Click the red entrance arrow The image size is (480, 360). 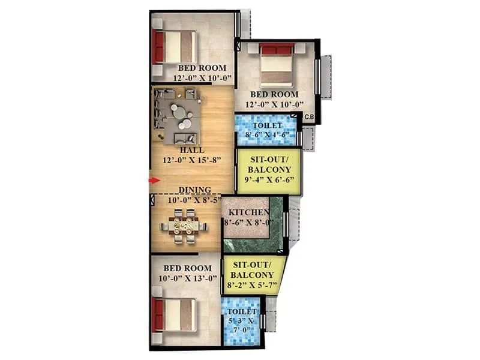pyautogui.click(x=154, y=180)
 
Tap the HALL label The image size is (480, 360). pyautogui.click(x=191, y=150)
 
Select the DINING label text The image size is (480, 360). pyautogui.click(x=194, y=190)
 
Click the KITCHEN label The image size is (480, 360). pyautogui.click(x=247, y=212)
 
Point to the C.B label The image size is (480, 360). pyautogui.click(x=310, y=116)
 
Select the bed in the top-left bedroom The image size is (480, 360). pyautogui.click(x=175, y=47)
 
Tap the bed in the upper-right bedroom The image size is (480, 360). pyautogui.click(x=277, y=64)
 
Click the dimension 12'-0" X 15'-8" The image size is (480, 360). pyautogui.click(x=193, y=160)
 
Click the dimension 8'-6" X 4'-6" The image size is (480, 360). pyautogui.click(x=266, y=135)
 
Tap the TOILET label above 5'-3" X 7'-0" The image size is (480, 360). pyautogui.click(x=242, y=313)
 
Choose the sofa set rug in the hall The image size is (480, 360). pyautogui.click(x=178, y=113)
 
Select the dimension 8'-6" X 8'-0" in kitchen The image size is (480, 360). pyautogui.click(x=248, y=223)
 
